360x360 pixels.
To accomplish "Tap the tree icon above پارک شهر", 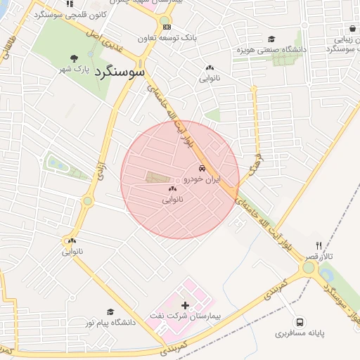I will click(x=74, y=58).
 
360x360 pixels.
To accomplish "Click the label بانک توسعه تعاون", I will click(x=166, y=37).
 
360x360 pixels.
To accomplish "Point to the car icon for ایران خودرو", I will click(x=202, y=169).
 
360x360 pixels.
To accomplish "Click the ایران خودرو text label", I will click(x=202, y=179).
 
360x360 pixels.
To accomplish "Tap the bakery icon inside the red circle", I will click(x=172, y=189).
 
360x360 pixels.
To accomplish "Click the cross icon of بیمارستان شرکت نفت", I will click(x=186, y=305).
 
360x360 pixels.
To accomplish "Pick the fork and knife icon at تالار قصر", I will click(x=319, y=245).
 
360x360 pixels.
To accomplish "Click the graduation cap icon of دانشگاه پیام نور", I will click(x=110, y=311).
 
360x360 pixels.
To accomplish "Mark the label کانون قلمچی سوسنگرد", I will click(x=69, y=14).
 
